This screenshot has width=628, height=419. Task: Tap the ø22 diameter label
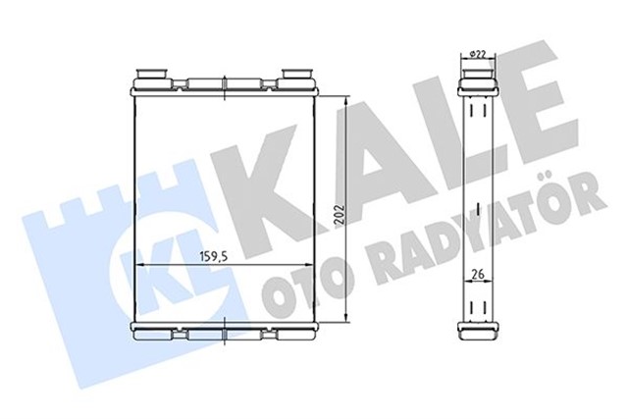click(478, 54)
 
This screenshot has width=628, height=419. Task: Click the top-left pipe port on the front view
click(152, 73)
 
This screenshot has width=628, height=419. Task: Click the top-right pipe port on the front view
click(297, 73)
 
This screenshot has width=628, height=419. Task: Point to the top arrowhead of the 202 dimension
click(348, 99)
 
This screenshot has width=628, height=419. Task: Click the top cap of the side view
click(477, 73)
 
